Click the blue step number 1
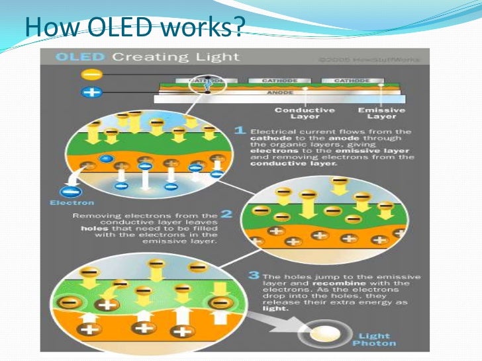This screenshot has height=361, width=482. (x=242, y=131)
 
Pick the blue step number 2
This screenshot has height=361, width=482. (x=226, y=214)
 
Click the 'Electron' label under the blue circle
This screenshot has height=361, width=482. (x=71, y=203)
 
